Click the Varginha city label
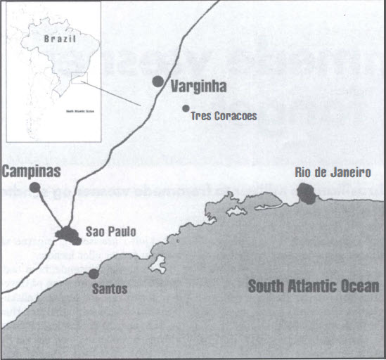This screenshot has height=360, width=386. point(199,87)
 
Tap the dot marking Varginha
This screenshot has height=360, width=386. point(158,82)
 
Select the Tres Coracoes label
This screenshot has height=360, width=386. point(224,115)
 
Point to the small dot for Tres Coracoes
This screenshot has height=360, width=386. point(186,108)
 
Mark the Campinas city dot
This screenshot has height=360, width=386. point(34,187)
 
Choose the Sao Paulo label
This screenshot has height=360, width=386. point(110,231)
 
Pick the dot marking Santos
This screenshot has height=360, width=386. point(93,274)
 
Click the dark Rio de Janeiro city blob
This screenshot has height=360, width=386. point(306,192)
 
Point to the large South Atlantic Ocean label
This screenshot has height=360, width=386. point(313,286)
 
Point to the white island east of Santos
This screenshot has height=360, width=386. point(157,265)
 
